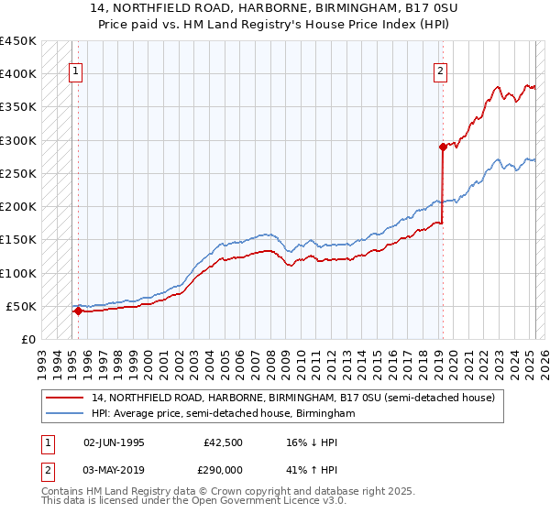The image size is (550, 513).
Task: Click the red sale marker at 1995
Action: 78,311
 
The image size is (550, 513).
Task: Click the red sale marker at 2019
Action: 442,147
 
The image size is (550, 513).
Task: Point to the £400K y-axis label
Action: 18,74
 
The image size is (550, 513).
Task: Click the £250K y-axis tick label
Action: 18,174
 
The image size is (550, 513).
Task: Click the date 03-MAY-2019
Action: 114,468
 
